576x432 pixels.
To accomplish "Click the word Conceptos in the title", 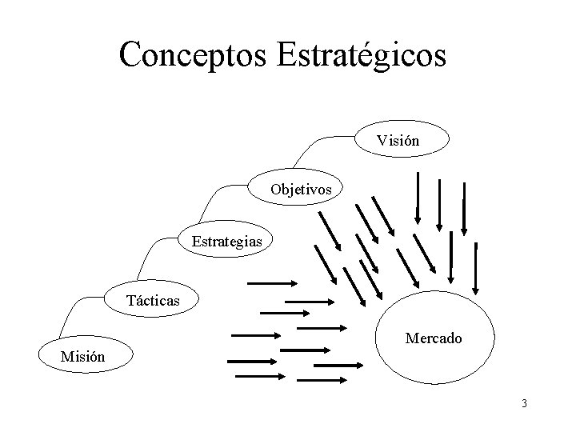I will (x=194, y=54).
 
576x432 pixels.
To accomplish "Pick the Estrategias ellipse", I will (x=226, y=240).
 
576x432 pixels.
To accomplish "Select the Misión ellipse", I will (x=82, y=355).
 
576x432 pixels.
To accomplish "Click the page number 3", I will (x=523, y=403).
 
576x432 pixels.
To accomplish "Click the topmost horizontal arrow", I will (x=273, y=282).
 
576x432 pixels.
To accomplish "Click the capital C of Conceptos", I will (x=130, y=54).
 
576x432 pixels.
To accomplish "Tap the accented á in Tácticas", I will (x=138, y=301).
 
